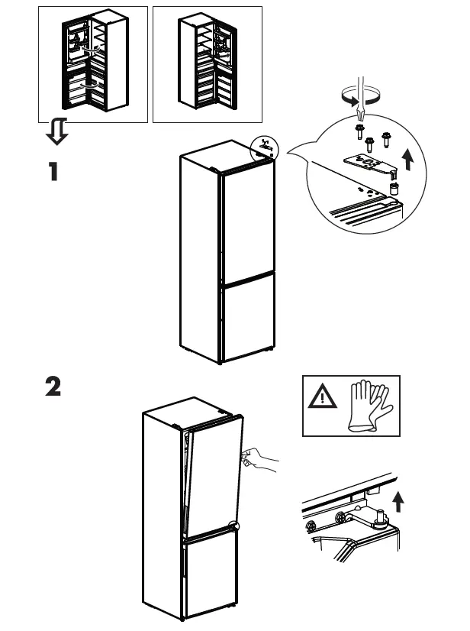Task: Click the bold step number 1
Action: (53, 171)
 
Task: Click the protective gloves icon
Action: (369, 405)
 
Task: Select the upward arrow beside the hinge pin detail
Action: (398, 501)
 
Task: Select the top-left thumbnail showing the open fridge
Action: (92, 64)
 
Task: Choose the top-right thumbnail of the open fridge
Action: (207, 64)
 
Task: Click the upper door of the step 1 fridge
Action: (246, 228)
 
